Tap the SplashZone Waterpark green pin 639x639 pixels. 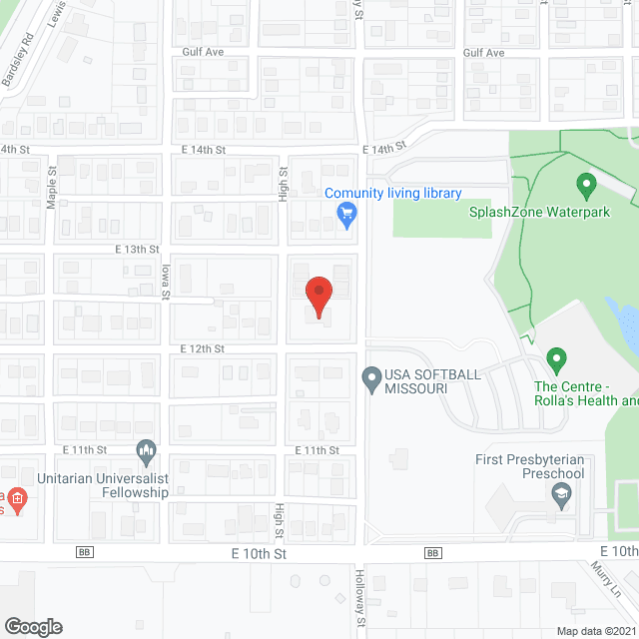586,185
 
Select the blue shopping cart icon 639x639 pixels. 346,212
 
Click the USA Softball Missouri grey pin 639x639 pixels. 370,378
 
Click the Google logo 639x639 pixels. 32,626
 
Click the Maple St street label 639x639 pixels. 52,186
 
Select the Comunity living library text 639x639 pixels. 392,194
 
